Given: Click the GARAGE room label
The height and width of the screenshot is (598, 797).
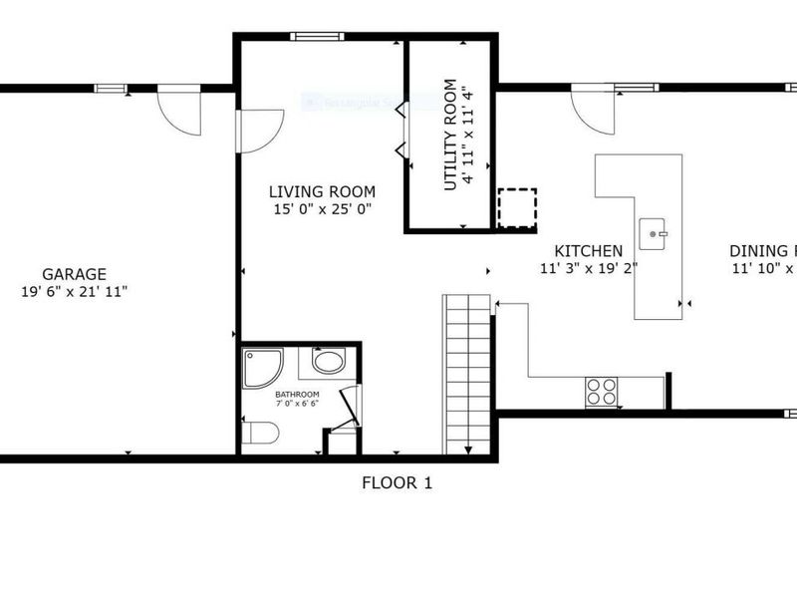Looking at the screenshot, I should (x=75, y=274).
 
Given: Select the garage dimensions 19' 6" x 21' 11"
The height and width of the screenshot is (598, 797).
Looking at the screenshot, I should (x=75, y=291).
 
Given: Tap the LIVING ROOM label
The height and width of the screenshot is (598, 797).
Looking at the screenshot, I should (x=322, y=192).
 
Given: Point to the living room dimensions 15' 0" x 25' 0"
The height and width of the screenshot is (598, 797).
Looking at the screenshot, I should (x=322, y=209).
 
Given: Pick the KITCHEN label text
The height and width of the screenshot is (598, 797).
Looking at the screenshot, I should (x=589, y=251).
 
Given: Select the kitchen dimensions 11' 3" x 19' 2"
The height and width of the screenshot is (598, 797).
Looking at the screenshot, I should (x=589, y=268).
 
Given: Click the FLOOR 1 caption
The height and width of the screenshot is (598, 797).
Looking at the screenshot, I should (x=397, y=483).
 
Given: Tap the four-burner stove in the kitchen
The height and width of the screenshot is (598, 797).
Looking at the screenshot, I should (x=601, y=391).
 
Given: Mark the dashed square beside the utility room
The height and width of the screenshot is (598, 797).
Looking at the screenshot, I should (x=516, y=208).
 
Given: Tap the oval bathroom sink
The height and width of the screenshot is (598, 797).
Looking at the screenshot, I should (x=328, y=361).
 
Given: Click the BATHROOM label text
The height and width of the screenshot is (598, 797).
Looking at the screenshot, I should (x=297, y=395).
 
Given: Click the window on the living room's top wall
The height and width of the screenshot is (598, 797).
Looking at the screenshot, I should (x=317, y=37).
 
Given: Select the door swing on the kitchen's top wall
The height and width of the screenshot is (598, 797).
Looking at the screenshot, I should (x=593, y=110).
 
